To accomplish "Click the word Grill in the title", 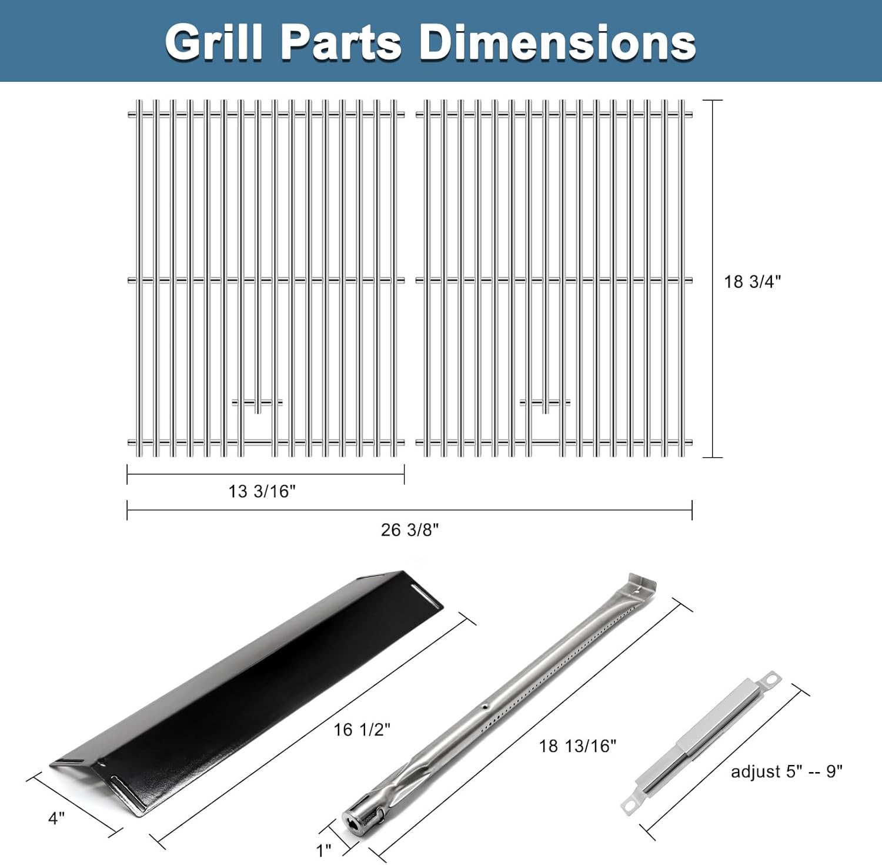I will [213, 42].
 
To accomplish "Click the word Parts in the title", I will [341, 42].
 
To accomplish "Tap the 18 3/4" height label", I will [752, 282].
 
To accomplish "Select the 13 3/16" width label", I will [262, 491].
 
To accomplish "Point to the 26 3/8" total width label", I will [410, 530].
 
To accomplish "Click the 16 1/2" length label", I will [362, 730].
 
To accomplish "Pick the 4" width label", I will [56, 818].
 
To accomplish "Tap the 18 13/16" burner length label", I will [577, 746].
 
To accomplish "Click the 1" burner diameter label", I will [324, 850].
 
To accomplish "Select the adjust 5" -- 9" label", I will [786, 771].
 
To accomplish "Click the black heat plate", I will [247, 683].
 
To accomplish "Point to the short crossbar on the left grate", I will [257, 403].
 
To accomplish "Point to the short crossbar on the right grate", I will [545, 403].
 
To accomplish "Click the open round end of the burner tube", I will [355, 820].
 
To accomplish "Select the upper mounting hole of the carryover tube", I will [771, 680].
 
